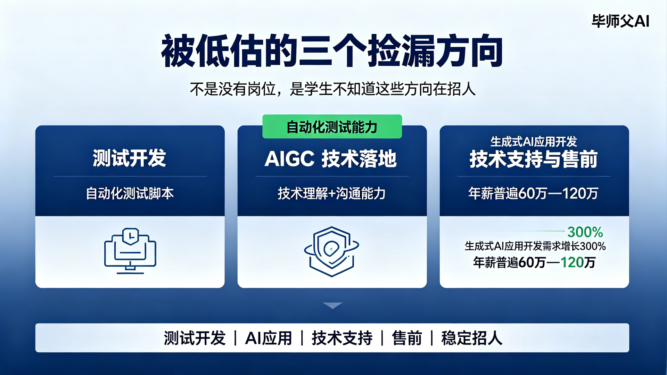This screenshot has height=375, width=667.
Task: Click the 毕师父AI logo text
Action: point(620,21)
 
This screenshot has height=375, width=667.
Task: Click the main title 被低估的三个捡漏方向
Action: point(332,51)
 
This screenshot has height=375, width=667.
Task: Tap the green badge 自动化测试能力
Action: point(332,127)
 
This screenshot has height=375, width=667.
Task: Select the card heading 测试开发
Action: point(130,158)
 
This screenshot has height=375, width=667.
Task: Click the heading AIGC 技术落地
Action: point(331,159)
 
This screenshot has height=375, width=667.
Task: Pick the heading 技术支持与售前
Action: point(534,160)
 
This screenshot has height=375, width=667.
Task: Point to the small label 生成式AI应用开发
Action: point(534,141)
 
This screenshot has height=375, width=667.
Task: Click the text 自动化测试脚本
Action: point(130,194)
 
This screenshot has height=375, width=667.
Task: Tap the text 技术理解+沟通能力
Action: point(331,194)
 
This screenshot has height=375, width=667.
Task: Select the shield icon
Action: point(332,252)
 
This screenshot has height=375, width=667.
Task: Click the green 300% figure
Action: point(585,232)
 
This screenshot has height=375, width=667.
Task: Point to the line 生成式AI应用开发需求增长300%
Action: point(535,246)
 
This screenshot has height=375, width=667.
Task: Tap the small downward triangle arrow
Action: point(332,305)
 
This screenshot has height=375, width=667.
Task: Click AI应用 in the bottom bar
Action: point(269,338)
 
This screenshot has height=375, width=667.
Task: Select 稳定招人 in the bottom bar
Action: point(472,338)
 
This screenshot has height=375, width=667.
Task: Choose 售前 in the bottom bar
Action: point(407,338)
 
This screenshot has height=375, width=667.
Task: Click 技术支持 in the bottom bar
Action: point(342,338)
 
